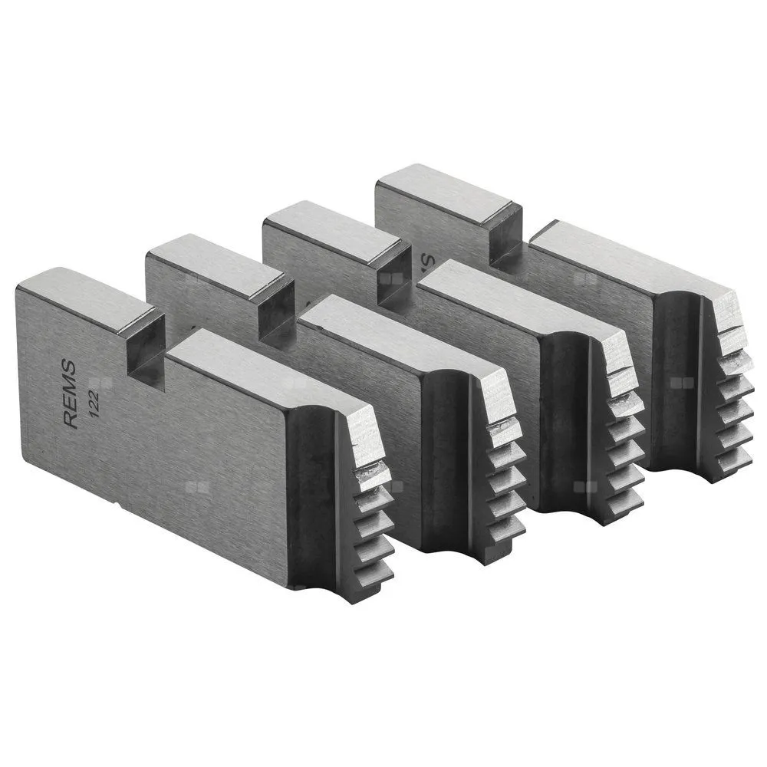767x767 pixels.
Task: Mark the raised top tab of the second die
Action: coord(215,265)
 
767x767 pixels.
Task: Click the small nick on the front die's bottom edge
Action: coord(117,506)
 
